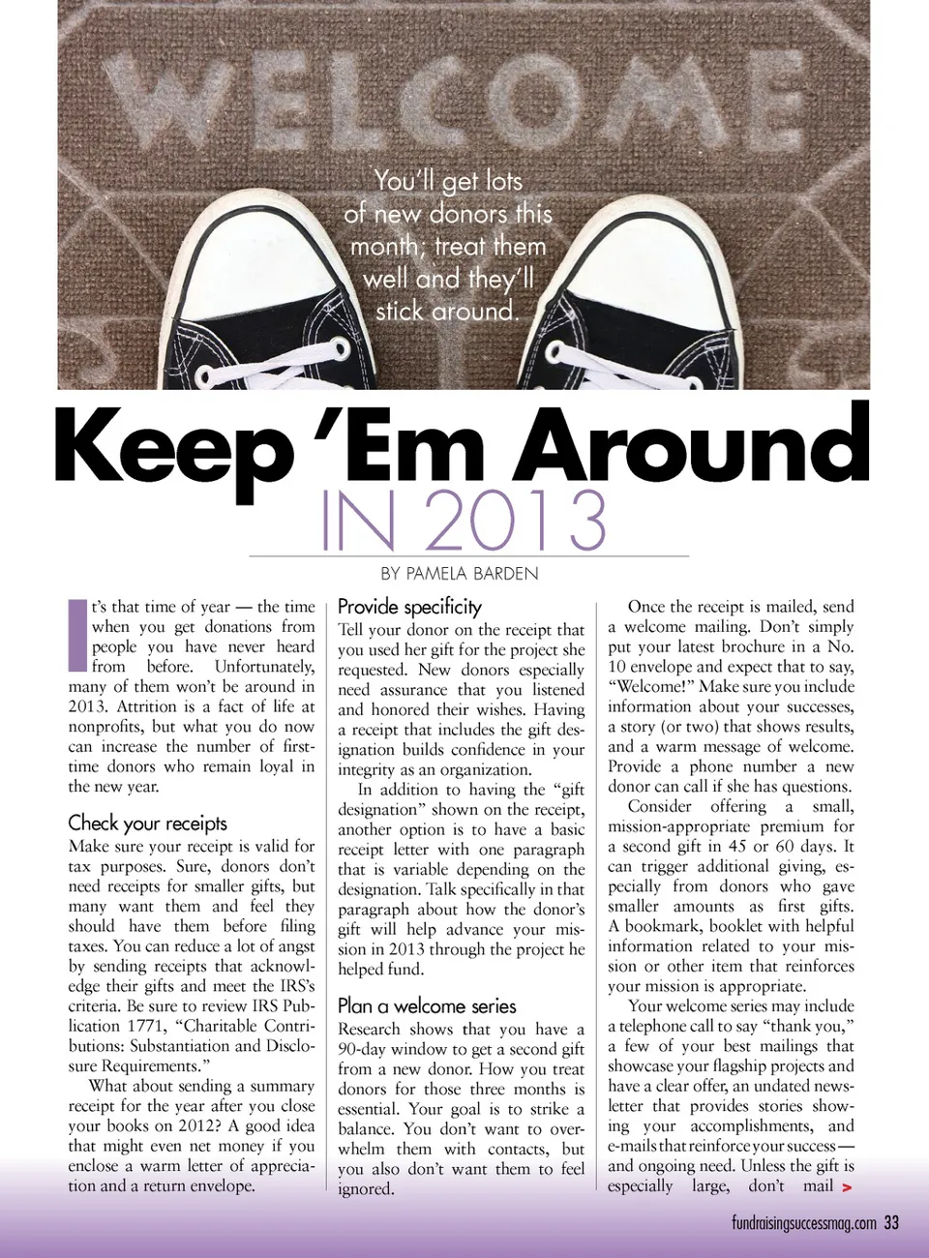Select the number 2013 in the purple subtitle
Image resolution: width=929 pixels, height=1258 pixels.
pyautogui.click(x=514, y=520)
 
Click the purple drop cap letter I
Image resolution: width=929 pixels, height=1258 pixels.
pyautogui.click(x=76, y=636)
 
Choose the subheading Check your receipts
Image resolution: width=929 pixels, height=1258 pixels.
pyautogui.click(x=147, y=823)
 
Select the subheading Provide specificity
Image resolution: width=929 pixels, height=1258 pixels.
pyautogui.click(x=409, y=607)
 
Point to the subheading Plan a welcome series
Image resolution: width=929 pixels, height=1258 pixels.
pyautogui.click(x=427, y=1005)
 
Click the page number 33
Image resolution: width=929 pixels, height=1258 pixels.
pyautogui.click(x=890, y=1222)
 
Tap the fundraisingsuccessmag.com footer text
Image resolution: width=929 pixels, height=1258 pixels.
pyautogui.click(x=803, y=1223)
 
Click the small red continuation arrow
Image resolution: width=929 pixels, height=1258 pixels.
pyautogui.click(x=847, y=1187)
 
